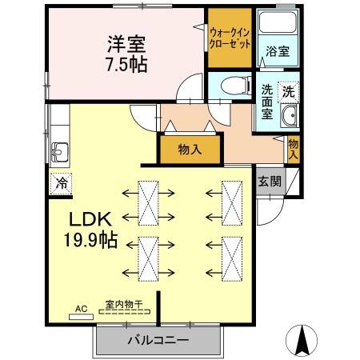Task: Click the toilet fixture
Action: pos(232,84)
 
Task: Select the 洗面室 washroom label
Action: pos(267,102)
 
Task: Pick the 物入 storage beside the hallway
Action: pos(190,150)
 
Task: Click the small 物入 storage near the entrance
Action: pos(293,149)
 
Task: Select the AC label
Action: pos(80,307)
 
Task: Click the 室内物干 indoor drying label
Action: pos(123,305)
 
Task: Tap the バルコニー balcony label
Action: pos(158,341)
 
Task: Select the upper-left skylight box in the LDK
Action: pos(149,203)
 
